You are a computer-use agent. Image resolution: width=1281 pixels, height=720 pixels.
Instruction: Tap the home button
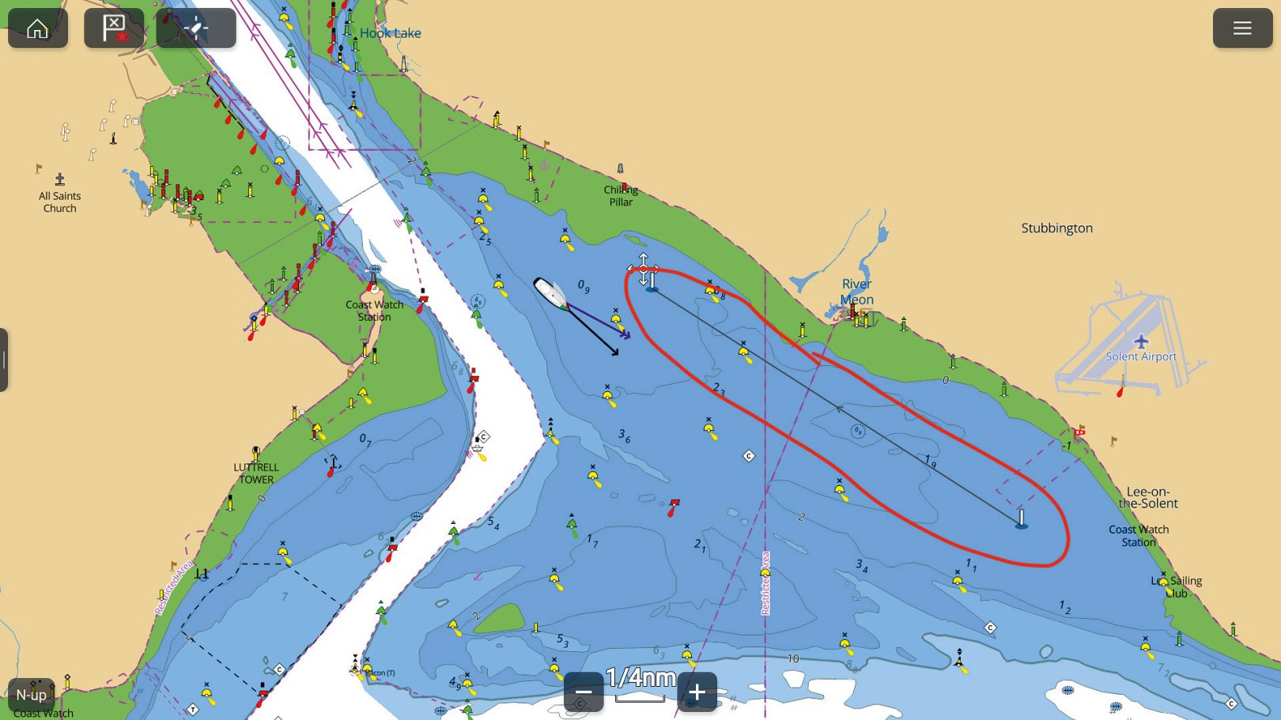click(37, 28)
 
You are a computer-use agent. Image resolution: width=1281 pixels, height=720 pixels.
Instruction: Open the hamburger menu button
click(1241, 28)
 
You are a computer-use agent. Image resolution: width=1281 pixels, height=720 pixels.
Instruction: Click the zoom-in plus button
click(697, 692)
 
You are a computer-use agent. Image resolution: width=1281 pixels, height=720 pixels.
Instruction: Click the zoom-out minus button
click(584, 692)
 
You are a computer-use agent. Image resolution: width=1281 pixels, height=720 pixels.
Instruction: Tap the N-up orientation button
click(32, 695)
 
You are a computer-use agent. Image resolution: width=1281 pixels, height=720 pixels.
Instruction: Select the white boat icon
click(549, 292)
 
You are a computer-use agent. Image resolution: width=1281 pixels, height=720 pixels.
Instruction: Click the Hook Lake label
click(390, 33)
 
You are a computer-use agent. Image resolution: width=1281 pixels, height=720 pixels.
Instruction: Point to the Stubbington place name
click(1056, 228)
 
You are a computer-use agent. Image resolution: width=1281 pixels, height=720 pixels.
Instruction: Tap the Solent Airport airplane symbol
click(1140, 341)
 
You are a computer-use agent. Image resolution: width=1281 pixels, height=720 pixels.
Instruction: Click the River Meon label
click(856, 292)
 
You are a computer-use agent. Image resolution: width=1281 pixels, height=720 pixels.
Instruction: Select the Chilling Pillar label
click(621, 196)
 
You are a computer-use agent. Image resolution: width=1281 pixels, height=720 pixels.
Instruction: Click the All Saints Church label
click(60, 202)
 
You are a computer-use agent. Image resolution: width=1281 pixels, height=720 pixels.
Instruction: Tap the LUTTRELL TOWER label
click(256, 473)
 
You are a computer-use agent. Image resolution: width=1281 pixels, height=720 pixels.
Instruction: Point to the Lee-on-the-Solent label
click(1148, 497)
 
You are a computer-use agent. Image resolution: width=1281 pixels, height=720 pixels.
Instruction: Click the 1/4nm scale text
click(640, 677)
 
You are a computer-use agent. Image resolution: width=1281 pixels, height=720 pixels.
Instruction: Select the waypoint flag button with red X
click(114, 28)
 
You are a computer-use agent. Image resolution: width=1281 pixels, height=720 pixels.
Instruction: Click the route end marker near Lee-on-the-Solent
click(1021, 519)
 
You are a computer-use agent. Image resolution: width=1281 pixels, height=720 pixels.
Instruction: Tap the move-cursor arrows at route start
click(644, 270)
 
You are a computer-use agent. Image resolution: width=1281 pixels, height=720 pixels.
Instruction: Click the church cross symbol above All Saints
click(59, 179)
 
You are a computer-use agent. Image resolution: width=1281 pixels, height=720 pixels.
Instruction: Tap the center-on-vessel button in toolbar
click(195, 28)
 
